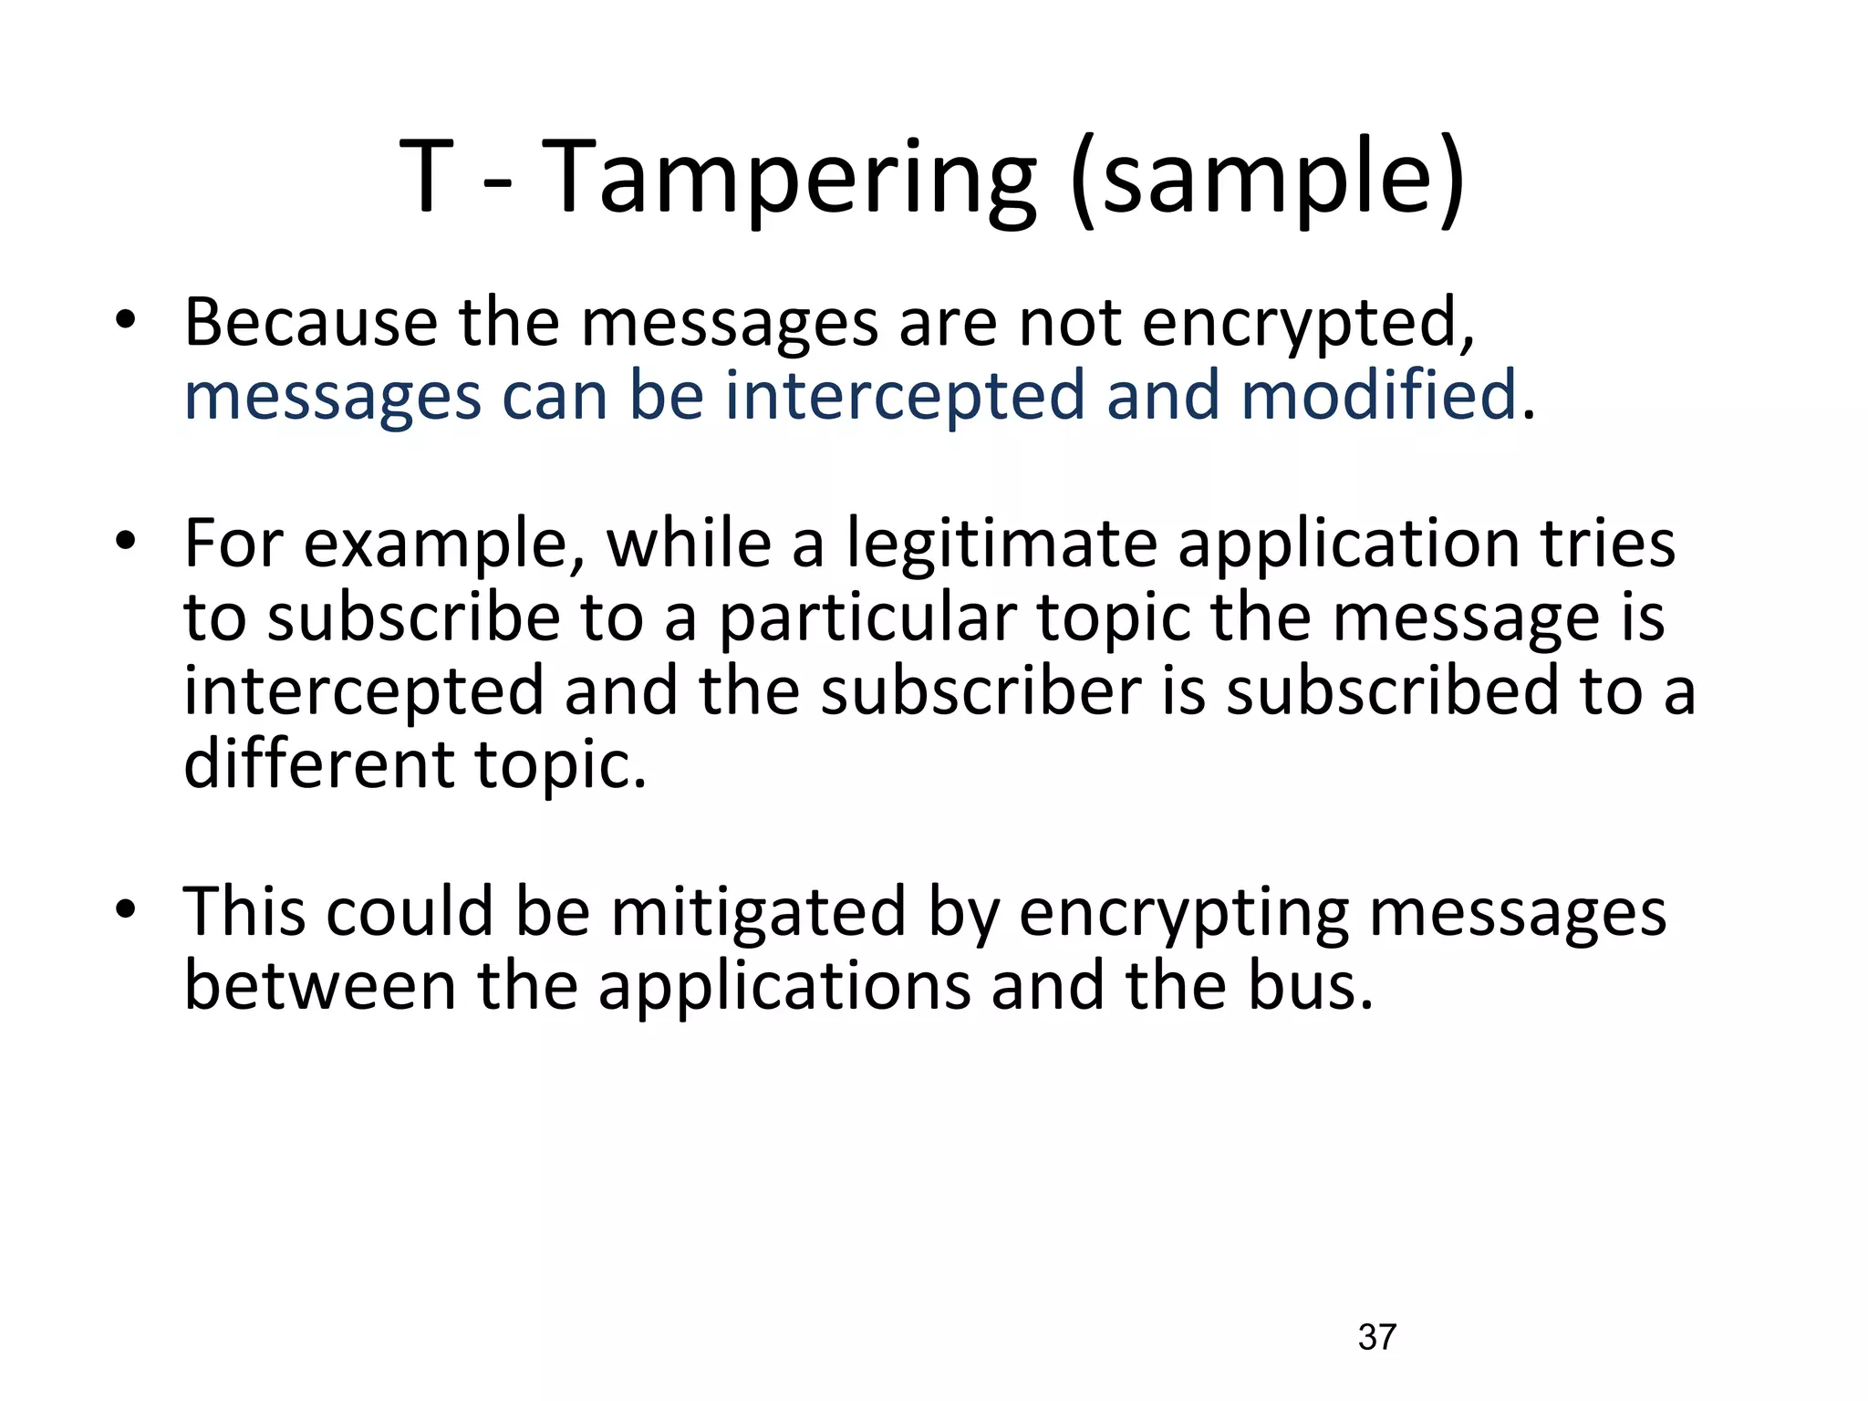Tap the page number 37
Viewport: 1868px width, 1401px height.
[1376, 1337]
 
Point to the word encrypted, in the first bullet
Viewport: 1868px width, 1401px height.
[1307, 325]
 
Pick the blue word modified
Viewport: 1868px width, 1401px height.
[1378, 396]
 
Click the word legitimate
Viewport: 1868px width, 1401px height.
[1001, 545]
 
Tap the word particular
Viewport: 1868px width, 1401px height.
[866, 618]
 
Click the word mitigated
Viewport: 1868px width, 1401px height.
[758, 913]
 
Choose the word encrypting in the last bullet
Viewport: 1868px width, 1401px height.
[1183, 913]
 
